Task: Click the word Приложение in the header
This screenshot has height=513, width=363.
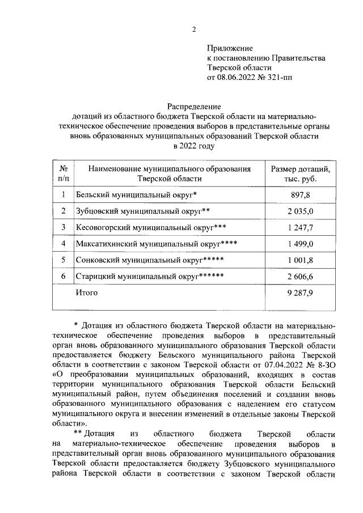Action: pyautogui.click(x=230, y=48)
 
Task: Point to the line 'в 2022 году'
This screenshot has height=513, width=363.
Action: pyautogui.click(x=193, y=146)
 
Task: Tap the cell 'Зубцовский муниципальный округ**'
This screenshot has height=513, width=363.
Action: pyautogui.click(x=143, y=211)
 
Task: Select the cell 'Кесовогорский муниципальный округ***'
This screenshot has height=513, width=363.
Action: pyautogui.click(x=150, y=228)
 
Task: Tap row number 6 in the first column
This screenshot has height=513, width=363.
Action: pyautogui.click(x=64, y=277)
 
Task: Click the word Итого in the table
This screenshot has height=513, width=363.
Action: pyautogui.click(x=87, y=293)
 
